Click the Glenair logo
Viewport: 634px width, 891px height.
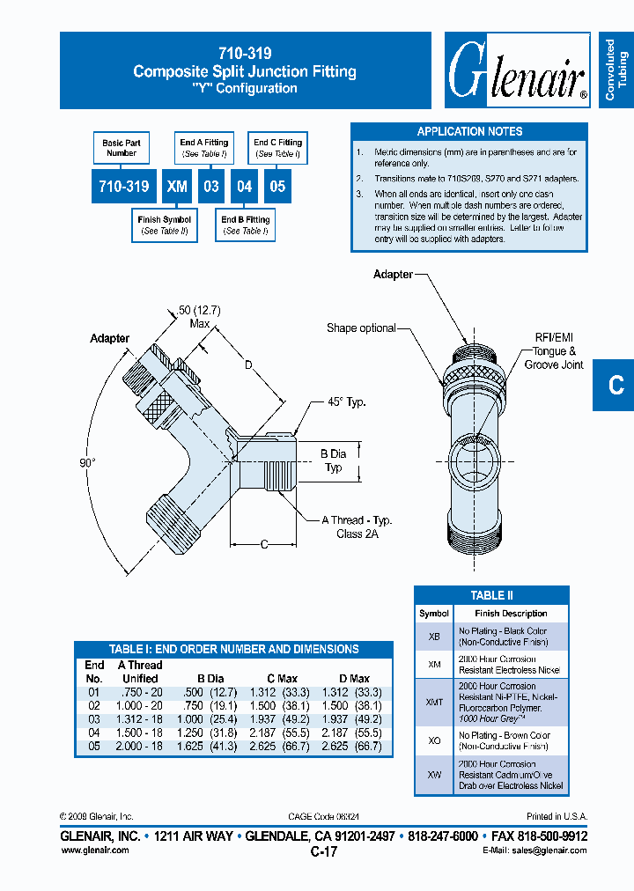(517, 70)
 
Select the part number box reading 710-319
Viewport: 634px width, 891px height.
(124, 187)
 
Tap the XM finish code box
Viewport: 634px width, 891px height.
(177, 187)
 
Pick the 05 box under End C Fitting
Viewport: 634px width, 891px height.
(277, 187)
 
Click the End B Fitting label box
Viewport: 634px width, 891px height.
(246, 225)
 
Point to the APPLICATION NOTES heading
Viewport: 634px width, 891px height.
(469, 131)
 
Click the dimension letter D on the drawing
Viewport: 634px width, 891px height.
(248, 364)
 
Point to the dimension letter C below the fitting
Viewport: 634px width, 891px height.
(263, 545)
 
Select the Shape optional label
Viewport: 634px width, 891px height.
(361, 328)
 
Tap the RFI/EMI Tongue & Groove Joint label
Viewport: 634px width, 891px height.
(553, 350)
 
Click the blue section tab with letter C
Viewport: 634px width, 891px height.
(616, 385)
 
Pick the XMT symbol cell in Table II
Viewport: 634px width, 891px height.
(434, 702)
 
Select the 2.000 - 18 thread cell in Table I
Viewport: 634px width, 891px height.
(140, 746)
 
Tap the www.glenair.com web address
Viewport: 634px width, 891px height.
(94, 850)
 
